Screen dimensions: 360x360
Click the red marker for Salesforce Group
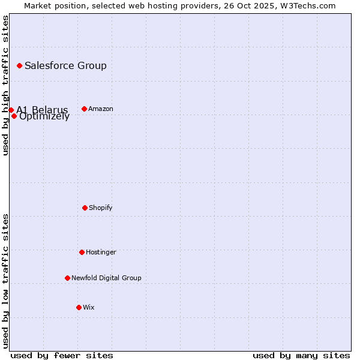[x=19, y=65]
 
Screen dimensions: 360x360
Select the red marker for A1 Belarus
[x=11, y=110]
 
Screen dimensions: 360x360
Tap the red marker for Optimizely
[x=14, y=116]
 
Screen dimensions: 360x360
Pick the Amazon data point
[x=84, y=109]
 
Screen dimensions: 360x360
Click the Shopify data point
[x=85, y=208]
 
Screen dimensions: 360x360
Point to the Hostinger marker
[x=82, y=252]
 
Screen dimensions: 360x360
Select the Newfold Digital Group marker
[x=67, y=278]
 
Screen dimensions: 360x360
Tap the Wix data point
[x=79, y=307]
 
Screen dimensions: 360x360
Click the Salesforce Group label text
[x=65, y=65]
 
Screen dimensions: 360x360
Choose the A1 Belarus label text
[x=42, y=110]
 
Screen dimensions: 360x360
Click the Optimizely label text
[x=44, y=116]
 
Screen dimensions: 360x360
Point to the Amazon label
[x=101, y=109]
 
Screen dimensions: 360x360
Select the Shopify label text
[x=101, y=208]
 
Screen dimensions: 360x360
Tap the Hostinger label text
[x=101, y=252]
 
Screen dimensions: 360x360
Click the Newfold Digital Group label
[x=106, y=278]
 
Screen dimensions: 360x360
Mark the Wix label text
[x=89, y=307]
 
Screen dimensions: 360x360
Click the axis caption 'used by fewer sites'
[x=62, y=355]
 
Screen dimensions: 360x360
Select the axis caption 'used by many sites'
[x=301, y=355]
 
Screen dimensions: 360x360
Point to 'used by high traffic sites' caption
[x=5, y=85]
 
